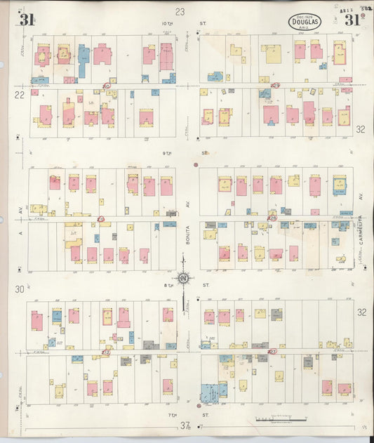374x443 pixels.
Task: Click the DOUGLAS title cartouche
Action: (305, 22)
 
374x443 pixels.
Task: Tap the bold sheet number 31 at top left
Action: (27, 19)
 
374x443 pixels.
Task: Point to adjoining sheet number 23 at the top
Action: (180, 11)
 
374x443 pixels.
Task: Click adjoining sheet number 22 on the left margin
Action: (20, 95)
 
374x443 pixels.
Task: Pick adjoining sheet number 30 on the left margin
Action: (20, 289)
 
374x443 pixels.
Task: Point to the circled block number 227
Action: (273, 352)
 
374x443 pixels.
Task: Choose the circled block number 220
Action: (106, 86)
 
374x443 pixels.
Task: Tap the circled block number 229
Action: (275, 86)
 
